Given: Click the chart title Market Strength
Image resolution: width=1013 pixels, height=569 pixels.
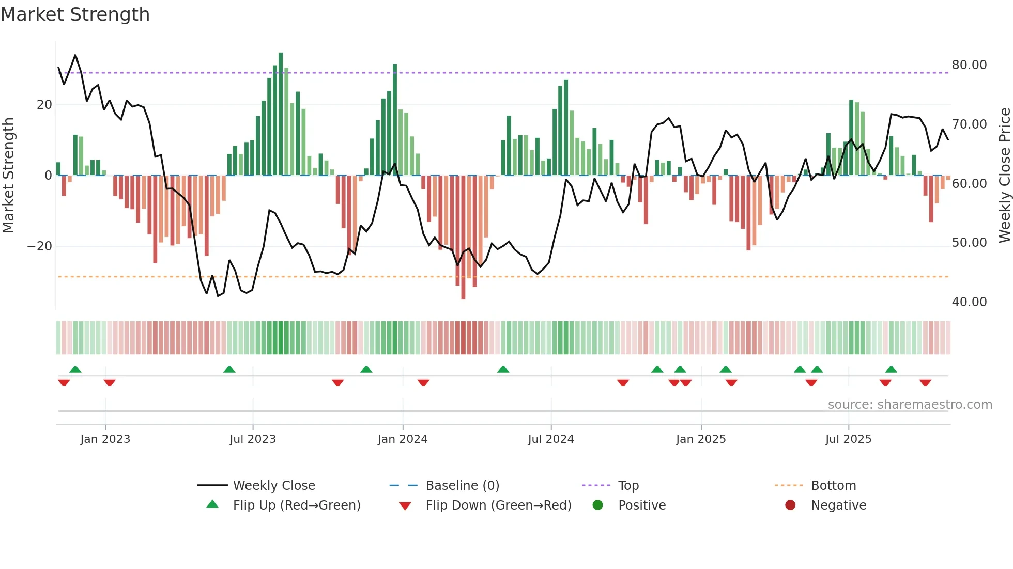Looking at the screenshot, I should (x=75, y=14).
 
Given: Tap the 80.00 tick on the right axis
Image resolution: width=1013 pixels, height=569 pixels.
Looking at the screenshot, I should (x=969, y=65).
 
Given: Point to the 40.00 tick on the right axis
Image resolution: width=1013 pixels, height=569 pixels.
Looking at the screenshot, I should (x=969, y=302).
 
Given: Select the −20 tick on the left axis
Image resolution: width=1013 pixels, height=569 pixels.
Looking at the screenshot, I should (x=40, y=246).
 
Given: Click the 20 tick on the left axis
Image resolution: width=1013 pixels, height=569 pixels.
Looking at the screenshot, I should (x=44, y=105).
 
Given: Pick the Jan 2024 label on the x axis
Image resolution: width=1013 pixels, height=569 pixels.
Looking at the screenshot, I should (x=403, y=439).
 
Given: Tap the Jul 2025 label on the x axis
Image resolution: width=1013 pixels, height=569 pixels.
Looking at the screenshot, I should (x=848, y=439).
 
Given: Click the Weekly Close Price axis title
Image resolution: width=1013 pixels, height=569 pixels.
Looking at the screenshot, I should (x=1004, y=176).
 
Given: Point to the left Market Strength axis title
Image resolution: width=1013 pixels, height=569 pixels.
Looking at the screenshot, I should (x=8, y=176).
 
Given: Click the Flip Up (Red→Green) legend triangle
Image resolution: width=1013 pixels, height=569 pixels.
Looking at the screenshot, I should (x=212, y=504).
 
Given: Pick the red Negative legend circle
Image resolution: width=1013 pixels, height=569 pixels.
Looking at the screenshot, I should (x=790, y=505).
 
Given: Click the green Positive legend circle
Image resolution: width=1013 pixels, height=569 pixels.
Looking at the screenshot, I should (x=597, y=505).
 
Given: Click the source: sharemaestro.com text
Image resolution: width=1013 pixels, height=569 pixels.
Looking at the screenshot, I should (x=910, y=405).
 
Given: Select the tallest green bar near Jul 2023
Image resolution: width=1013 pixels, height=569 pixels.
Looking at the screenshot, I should (x=281, y=114).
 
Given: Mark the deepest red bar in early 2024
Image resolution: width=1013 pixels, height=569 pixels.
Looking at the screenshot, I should (x=463, y=238).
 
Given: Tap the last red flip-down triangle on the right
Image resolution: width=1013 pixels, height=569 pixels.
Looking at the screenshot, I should (x=925, y=383).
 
